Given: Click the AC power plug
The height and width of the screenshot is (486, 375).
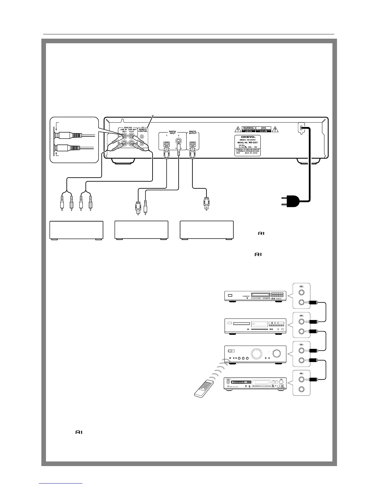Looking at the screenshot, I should (x=290, y=202).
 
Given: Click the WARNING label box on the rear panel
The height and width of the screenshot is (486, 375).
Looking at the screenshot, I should (x=248, y=129).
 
